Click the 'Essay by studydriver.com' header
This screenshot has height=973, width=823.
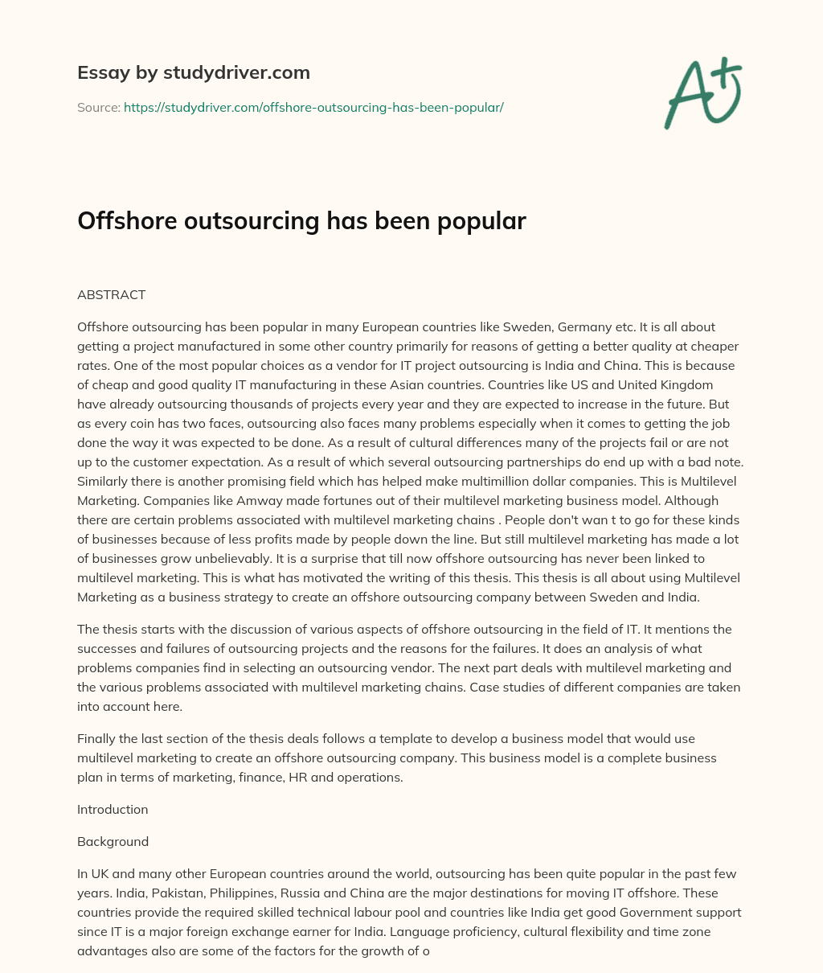coord(193,72)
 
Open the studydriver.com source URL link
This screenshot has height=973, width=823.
coord(313,107)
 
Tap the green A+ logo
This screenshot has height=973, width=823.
coord(702,93)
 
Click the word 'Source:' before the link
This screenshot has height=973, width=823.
coord(98,107)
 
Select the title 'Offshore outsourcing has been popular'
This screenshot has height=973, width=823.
coord(301,221)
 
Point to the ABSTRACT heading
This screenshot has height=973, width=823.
coord(111,294)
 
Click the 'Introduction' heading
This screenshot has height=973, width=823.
coord(113,809)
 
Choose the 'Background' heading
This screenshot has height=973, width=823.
coord(113,841)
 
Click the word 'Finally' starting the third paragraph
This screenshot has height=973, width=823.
coord(97,738)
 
